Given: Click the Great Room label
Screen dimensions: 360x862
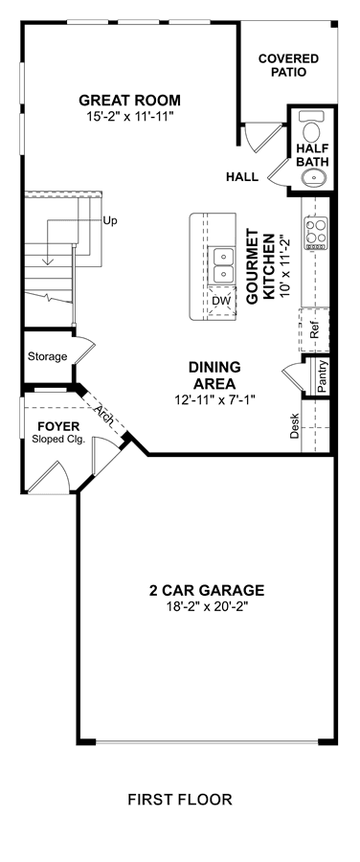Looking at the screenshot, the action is coord(129,101).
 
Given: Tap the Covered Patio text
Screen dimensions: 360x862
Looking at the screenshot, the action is coord(288,65).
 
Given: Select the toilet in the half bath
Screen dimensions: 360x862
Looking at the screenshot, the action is coord(312,126).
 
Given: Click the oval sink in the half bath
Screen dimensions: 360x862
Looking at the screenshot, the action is coord(314,177).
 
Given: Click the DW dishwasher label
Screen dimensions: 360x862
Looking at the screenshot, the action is coord(221,302).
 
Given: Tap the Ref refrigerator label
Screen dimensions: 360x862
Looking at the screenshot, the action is coord(315,331).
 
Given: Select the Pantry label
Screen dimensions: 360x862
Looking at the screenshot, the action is coord(323,376).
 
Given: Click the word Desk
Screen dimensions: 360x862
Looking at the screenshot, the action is coord(295,425).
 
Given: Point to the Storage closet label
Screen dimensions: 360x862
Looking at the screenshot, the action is coord(48,356).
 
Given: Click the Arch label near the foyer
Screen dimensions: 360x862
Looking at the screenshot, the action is coord(104,414).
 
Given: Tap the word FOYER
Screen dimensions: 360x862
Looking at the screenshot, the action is coord(58,426).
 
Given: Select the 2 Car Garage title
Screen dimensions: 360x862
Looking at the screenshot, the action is coord(207,590).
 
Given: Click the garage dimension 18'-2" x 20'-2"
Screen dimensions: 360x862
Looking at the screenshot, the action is coord(207,606).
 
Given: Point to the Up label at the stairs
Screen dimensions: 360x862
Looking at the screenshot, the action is coord(110,221).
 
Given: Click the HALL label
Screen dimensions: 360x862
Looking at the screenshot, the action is coord(242,177).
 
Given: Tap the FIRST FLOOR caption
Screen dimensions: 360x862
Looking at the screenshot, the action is coord(180,800).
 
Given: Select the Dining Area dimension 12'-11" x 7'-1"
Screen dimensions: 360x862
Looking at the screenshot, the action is coord(215,399).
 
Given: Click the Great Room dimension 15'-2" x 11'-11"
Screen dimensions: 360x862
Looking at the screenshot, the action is coord(129,117).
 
